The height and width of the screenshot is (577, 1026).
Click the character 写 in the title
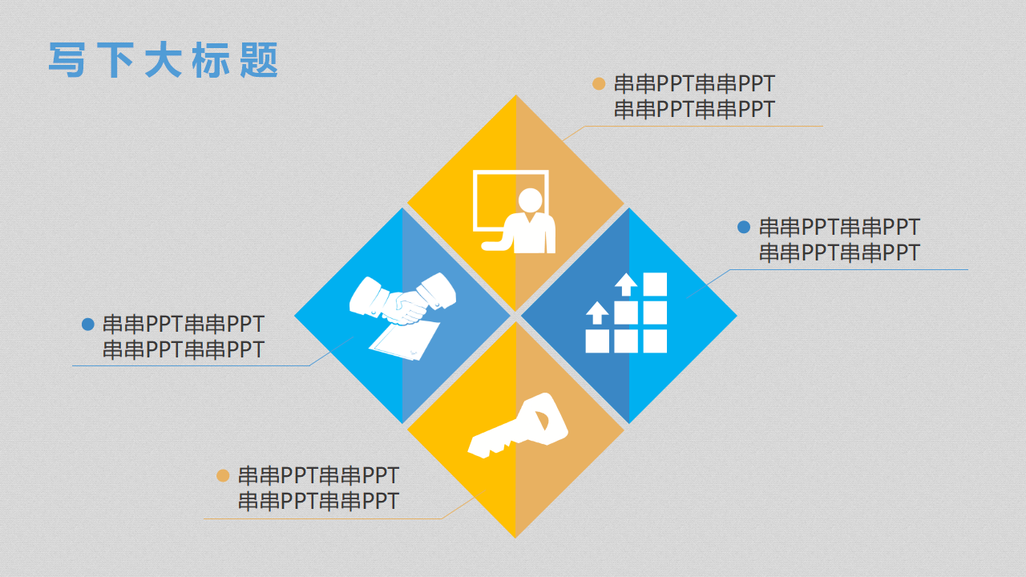(x=67, y=59)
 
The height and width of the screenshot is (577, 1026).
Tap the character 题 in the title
(x=259, y=59)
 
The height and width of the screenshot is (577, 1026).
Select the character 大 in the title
(x=163, y=59)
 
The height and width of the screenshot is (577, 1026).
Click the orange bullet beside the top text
(x=599, y=84)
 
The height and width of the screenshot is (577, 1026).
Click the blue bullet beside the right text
(x=744, y=227)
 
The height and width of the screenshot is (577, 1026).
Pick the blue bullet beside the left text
(x=87, y=325)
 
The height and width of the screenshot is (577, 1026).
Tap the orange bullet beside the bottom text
(x=223, y=475)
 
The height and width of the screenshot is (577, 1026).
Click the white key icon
(x=518, y=426)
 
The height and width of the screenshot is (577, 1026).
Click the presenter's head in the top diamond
(x=531, y=200)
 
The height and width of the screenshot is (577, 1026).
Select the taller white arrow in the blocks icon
(x=626, y=284)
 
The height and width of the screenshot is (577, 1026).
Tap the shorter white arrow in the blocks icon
(x=597, y=313)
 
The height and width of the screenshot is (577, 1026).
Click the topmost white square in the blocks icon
(x=655, y=284)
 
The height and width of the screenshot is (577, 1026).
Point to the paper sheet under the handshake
(x=405, y=341)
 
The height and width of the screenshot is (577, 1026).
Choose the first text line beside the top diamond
(x=694, y=84)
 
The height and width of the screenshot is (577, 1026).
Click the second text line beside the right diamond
(x=839, y=252)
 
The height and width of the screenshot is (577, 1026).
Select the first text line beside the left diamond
(x=184, y=325)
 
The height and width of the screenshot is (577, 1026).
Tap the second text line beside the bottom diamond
(x=318, y=501)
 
